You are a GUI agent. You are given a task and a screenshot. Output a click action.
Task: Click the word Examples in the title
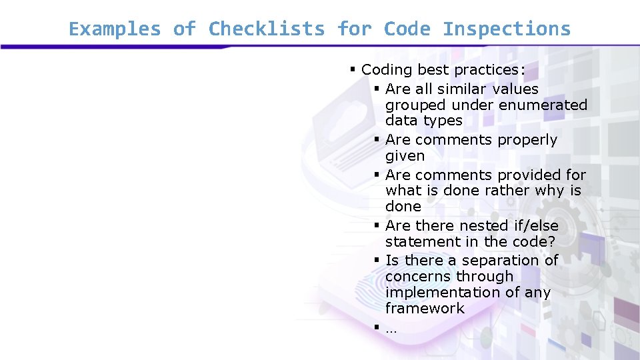tap(115, 29)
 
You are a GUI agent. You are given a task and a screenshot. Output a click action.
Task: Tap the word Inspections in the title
tap(507, 29)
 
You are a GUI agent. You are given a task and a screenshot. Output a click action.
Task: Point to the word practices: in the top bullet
tap(489, 70)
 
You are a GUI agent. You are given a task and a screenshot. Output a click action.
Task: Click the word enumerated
tap(543, 105)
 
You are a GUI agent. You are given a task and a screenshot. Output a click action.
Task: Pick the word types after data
tap(443, 121)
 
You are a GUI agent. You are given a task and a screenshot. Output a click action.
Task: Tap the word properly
tap(527, 140)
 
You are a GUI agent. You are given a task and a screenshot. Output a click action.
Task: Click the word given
tap(405, 156)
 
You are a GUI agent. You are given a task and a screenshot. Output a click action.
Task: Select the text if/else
tap(536, 225)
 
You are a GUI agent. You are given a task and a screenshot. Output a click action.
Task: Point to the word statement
tap(417, 241)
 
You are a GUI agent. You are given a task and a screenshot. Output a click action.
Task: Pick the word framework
tap(425, 308)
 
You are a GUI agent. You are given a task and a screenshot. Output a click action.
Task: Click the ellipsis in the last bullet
tap(391, 329)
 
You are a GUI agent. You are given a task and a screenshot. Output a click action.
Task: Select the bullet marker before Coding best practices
tap(353, 69)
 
